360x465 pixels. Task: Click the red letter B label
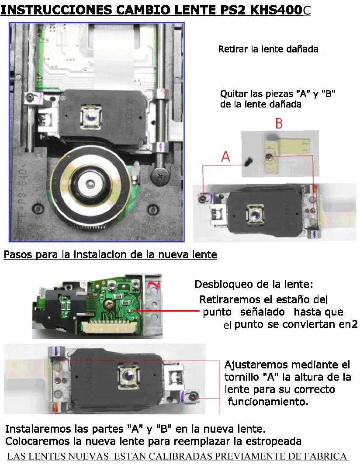point(279,123)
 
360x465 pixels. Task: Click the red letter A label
point(226,156)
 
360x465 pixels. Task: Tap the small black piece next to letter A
point(248,162)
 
